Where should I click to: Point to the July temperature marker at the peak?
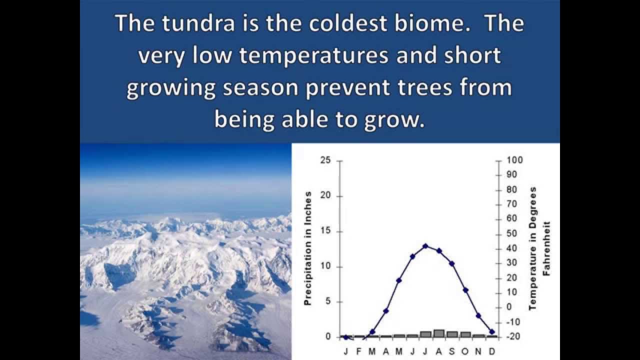click(x=425, y=245)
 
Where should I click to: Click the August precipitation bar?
click(x=439, y=333)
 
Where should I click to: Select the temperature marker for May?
click(x=399, y=280)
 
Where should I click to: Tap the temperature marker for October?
click(x=465, y=290)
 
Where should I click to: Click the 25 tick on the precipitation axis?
click(x=325, y=160)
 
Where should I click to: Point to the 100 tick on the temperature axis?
click(x=515, y=160)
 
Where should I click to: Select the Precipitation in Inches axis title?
click(x=308, y=248)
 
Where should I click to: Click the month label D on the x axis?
click(x=491, y=351)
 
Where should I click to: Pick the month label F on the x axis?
click(x=359, y=351)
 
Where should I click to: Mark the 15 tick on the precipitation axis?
click(x=325, y=231)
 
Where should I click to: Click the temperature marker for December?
click(x=492, y=331)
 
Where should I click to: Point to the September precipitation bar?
click(x=452, y=334)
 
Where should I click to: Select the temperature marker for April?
click(x=385, y=311)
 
